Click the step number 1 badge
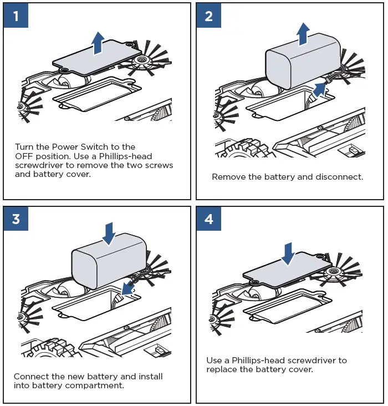click(x=16, y=16)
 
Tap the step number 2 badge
click(x=209, y=16)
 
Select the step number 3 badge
click(x=16, y=219)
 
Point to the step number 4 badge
click(x=209, y=219)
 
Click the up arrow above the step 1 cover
click(x=98, y=43)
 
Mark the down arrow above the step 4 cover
click(x=288, y=253)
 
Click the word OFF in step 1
click(x=24, y=156)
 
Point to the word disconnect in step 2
click(x=337, y=177)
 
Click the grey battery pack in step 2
click(x=302, y=61)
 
